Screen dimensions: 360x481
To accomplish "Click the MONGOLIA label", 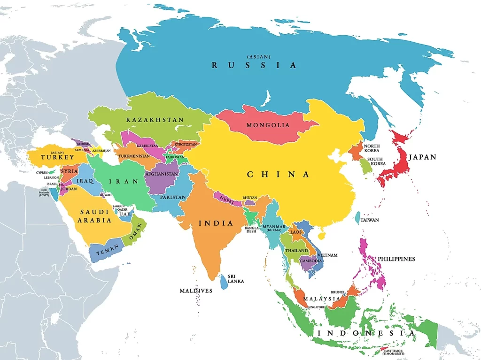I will pyautogui.click(x=268, y=125).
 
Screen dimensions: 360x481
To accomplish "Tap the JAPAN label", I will pyautogui.click(x=422, y=157).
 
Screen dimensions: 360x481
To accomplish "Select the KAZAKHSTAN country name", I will pyautogui.click(x=155, y=120).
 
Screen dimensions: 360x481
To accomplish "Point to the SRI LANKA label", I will pyautogui.click(x=235, y=279).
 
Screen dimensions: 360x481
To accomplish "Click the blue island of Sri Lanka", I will pyautogui.click(x=224, y=282).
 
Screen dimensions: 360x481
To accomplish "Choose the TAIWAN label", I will pyautogui.click(x=370, y=220).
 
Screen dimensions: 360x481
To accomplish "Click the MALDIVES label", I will pyautogui.click(x=196, y=291).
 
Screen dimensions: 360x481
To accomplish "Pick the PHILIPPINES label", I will pyautogui.click(x=397, y=259).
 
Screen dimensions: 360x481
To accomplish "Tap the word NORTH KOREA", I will pyautogui.click(x=372, y=148).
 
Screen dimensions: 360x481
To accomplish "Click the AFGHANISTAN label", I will pyautogui.click(x=162, y=174).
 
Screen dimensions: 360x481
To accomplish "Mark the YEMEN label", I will pyautogui.click(x=104, y=252).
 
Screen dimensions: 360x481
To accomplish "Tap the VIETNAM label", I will pyautogui.click(x=328, y=255).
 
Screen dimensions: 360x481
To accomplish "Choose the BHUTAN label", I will pyautogui.click(x=250, y=198).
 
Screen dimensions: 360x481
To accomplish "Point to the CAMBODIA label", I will pyautogui.click(x=311, y=261).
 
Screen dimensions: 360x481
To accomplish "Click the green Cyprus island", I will pyautogui.click(x=51, y=172).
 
